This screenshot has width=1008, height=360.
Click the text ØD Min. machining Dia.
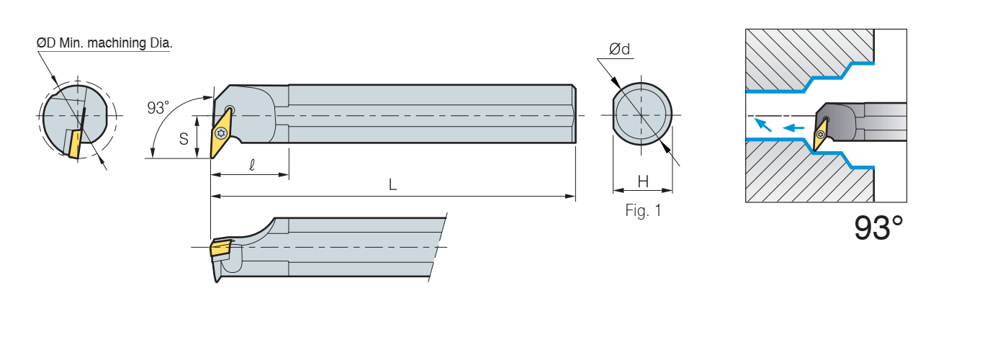[x=104, y=43]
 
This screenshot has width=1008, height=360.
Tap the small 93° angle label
[x=158, y=108]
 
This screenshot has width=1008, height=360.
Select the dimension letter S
[x=184, y=138]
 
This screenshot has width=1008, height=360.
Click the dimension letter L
[x=392, y=184]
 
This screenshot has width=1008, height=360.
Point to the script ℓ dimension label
[x=251, y=164]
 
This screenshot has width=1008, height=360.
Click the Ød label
[x=619, y=49]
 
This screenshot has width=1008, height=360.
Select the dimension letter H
[x=643, y=181]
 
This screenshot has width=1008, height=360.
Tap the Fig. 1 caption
[x=643, y=211]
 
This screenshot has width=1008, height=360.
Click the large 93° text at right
[x=878, y=228]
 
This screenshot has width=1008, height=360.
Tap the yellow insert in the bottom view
[x=220, y=248]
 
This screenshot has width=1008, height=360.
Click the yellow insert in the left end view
[x=73, y=143]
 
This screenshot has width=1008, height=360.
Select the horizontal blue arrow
[x=793, y=128]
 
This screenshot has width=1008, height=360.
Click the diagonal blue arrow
[x=762, y=125]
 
